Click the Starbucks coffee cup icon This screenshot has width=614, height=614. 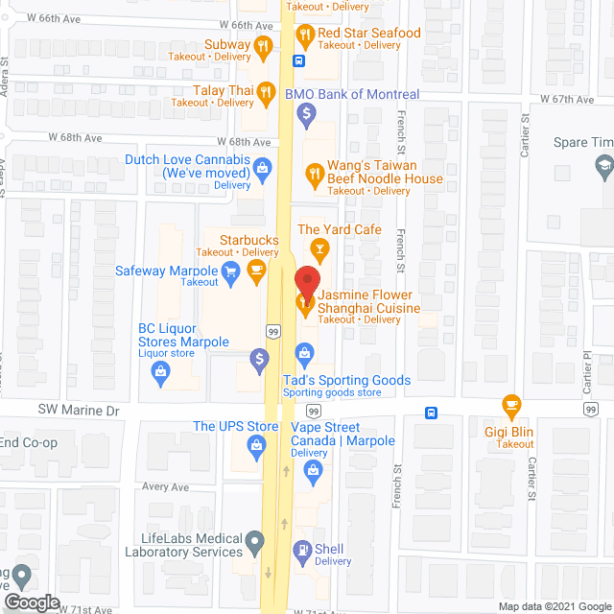coord(255,270)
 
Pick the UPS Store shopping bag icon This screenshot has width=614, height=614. coord(256,444)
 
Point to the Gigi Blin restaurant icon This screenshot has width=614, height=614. coord(512,405)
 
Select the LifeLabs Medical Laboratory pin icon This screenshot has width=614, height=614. coord(254,544)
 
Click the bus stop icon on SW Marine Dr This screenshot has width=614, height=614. coord(433,413)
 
